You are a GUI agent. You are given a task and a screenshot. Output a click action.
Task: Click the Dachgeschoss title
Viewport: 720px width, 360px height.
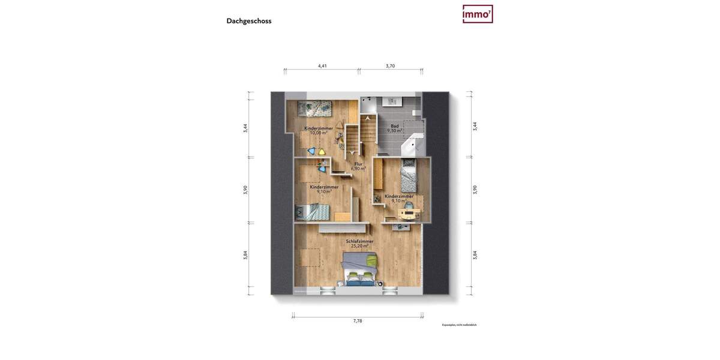point(249,21)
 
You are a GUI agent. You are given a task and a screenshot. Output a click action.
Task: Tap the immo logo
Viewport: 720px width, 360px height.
point(478,14)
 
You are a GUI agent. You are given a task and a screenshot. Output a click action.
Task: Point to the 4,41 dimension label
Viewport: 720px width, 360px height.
point(322,66)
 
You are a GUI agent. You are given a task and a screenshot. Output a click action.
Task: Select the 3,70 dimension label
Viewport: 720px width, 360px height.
point(390,66)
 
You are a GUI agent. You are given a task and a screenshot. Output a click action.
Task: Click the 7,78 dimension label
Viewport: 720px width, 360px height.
point(358,321)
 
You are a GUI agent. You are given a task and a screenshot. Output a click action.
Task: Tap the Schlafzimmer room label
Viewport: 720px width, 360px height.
point(359,241)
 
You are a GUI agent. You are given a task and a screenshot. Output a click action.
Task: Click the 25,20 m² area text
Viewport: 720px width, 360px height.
point(359,246)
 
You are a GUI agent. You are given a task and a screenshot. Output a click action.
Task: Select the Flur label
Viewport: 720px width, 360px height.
point(358,164)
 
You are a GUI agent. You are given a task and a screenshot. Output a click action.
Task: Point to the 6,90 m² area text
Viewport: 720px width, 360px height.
point(358,169)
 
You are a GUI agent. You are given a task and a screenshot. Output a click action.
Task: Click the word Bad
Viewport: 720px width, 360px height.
point(394,126)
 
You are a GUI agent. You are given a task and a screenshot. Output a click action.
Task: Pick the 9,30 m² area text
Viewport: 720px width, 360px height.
point(394,131)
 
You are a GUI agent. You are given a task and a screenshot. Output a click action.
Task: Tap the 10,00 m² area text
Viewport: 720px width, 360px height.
point(319,133)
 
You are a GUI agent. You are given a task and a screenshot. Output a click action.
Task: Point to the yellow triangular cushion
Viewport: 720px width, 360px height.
point(321,152)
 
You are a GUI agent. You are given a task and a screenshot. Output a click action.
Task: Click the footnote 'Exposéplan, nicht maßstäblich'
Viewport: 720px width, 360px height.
point(459,325)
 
